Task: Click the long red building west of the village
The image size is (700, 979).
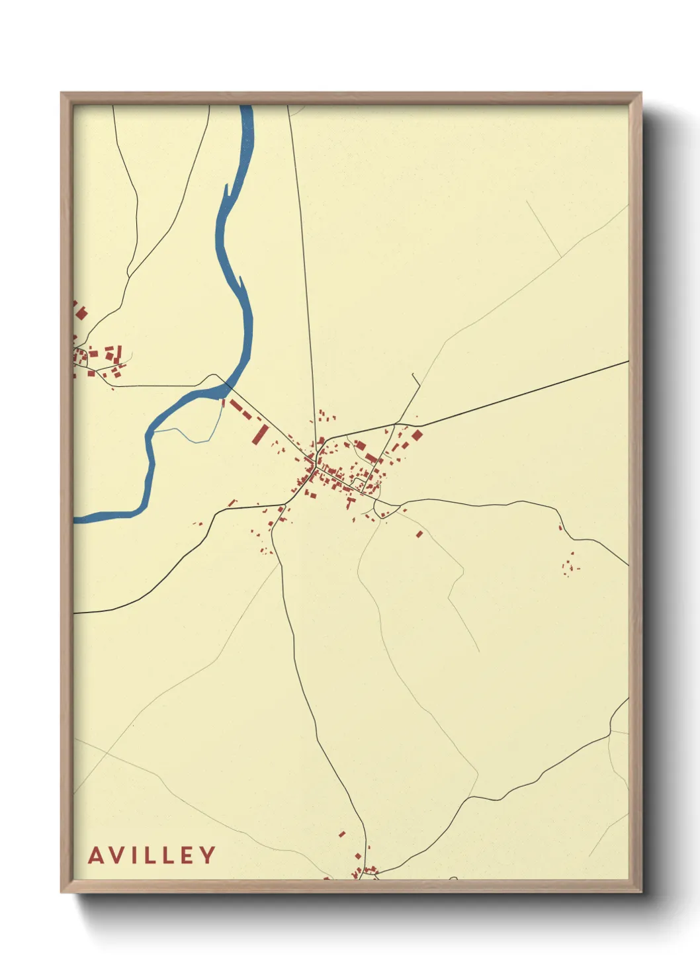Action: point(260,435)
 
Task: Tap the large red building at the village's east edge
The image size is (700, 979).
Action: point(417,435)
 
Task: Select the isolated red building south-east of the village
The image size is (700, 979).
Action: point(419,534)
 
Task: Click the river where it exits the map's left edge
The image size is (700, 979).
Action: point(77,519)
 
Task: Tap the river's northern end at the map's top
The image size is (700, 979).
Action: point(247,110)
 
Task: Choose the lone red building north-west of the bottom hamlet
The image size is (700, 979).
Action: point(342,834)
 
